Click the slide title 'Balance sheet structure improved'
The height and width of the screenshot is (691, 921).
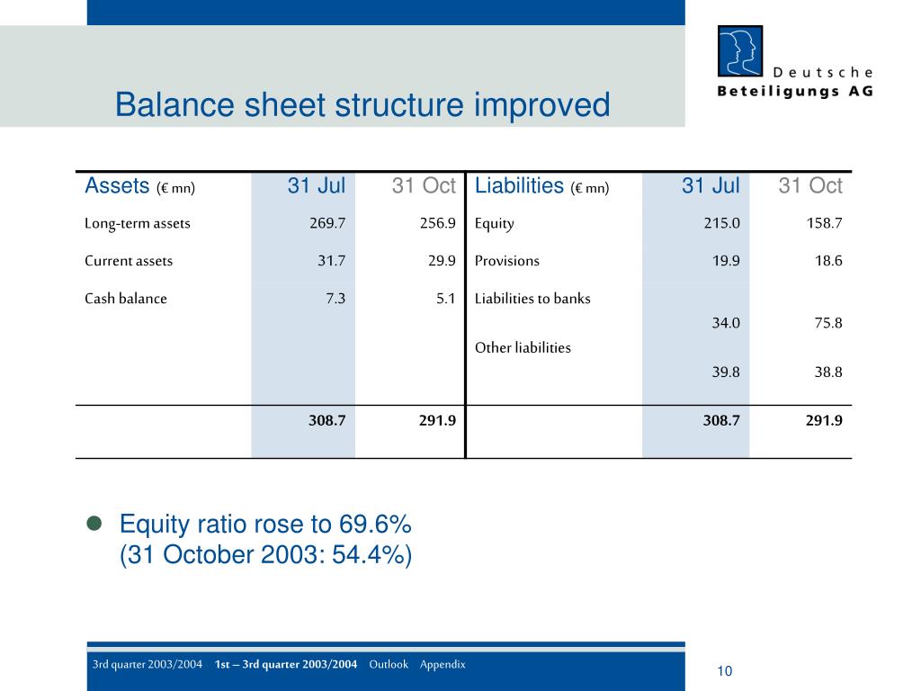pyautogui.click(x=362, y=105)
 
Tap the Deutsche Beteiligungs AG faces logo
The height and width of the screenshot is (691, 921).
pyautogui.click(x=739, y=50)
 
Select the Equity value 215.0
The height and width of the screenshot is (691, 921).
pyautogui.click(x=721, y=223)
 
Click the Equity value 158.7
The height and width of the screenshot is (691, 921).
pyautogui.click(x=824, y=223)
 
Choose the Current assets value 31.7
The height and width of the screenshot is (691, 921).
pyautogui.click(x=331, y=261)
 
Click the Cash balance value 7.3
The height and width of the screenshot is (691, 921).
pyautogui.click(x=335, y=299)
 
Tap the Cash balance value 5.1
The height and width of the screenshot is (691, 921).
pyautogui.click(x=445, y=299)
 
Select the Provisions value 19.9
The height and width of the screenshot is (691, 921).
pyautogui.click(x=725, y=261)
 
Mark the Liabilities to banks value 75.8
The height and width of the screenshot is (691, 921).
pyautogui.click(x=827, y=322)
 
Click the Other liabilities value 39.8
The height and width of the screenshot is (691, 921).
pyautogui.click(x=725, y=372)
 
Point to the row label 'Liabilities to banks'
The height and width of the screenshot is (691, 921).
pyautogui.click(x=532, y=299)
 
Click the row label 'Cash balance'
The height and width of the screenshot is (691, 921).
pyautogui.click(x=126, y=299)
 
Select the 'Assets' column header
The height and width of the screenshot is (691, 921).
pyautogui.click(x=117, y=186)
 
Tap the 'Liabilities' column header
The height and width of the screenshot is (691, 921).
pyautogui.click(x=519, y=186)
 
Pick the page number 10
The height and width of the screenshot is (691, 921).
pyautogui.click(x=725, y=671)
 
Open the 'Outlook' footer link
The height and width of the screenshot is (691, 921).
pyautogui.click(x=389, y=664)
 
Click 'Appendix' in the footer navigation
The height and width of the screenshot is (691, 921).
pyautogui.click(x=443, y=664)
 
